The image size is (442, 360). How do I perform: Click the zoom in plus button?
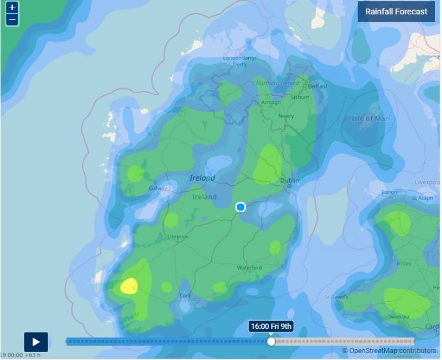click(x=12, y=8)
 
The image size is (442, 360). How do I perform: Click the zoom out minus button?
click(x=12, y=20)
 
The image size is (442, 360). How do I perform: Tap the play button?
click(x=36, y=341)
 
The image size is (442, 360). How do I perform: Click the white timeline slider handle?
click(x=271, y=341)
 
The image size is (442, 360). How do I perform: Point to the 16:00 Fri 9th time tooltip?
click(x=271, y=326)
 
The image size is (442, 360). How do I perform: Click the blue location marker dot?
click(x=240, y=207)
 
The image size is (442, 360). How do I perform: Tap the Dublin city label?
click(x=290, y=181)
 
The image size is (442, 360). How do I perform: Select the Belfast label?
click(x=318, y=86)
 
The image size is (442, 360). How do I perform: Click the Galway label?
click(x=158, y=188)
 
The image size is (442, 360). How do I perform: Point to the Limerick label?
click(x=177, y=237)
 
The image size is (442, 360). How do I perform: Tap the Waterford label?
click(x=249, y=268)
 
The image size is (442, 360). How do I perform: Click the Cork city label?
click(x=185, y=296)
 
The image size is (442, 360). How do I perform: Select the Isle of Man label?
click(x=370, y=119)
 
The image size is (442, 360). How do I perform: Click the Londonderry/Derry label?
click(x=239, y=61)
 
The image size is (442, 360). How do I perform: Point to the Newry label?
click(x=286, y=116)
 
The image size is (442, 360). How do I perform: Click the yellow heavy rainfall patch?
click(x=129, y=286)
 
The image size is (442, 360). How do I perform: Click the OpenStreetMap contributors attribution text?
click(x=390, y=350)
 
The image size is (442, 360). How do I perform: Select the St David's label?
click(x=336, y=297)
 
